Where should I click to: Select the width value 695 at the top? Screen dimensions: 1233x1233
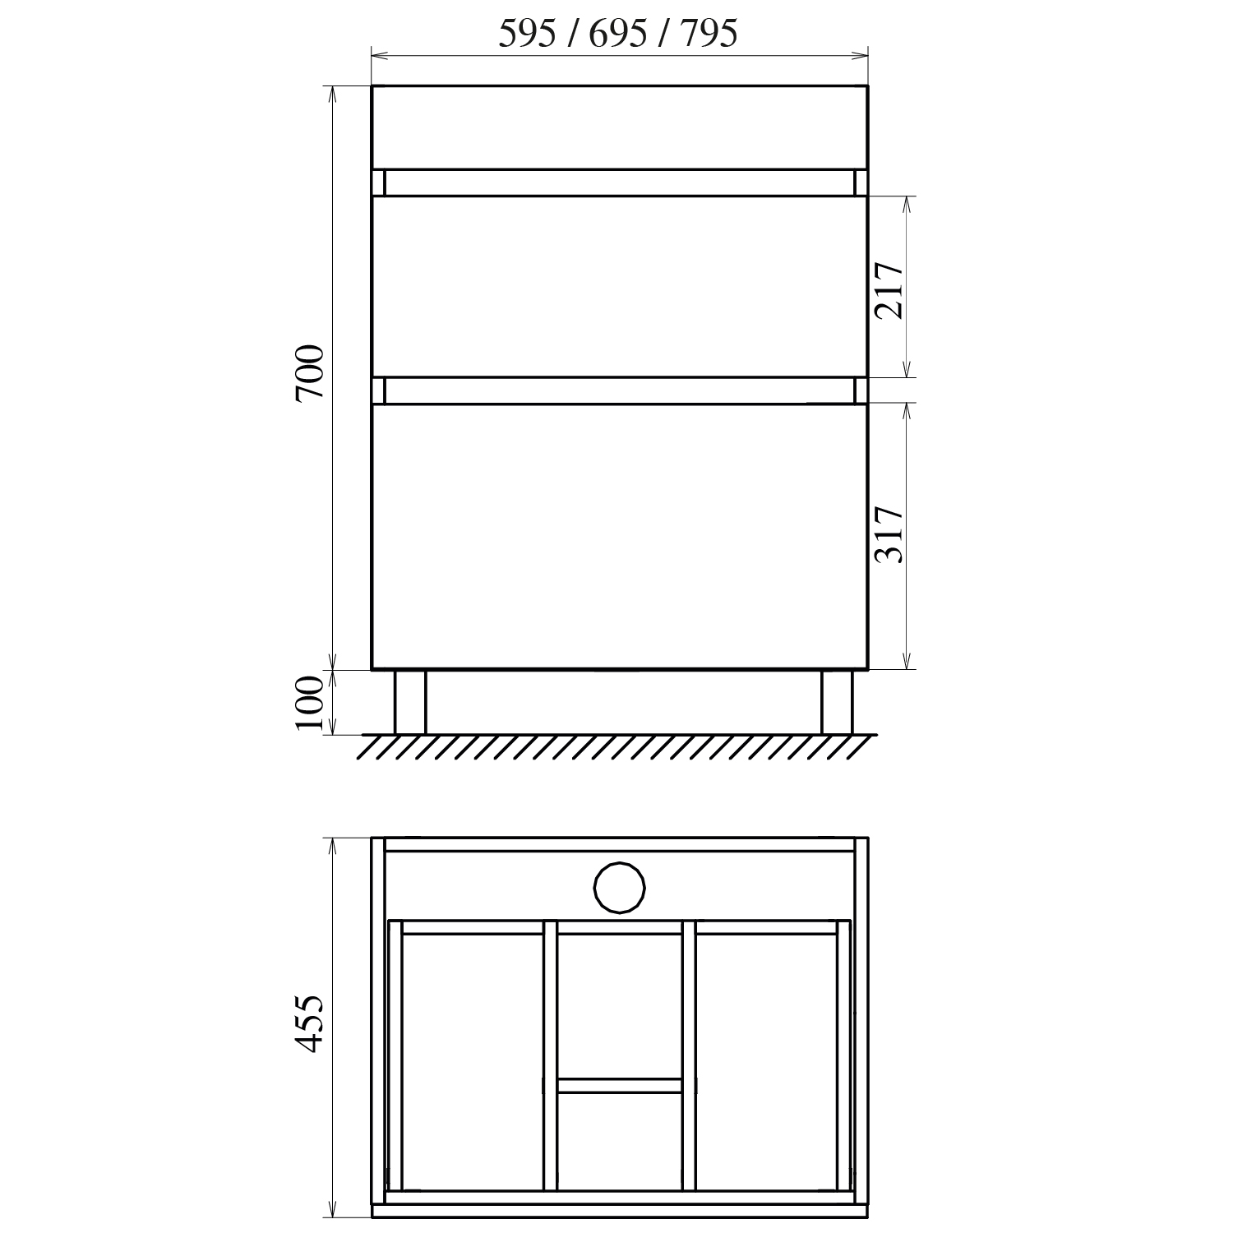coord(618,34)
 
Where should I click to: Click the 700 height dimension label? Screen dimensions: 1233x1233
coord(311,373)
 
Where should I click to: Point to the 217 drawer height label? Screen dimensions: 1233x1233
coord(889,290)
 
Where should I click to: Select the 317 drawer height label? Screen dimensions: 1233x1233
coord(889,534)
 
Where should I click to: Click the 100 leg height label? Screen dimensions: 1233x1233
coord(311,704)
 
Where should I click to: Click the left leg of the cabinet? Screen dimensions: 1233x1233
coord(410,701)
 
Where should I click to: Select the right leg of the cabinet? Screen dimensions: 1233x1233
coord(837,701)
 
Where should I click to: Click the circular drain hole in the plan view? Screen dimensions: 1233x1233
coord(619,888)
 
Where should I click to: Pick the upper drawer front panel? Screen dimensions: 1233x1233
coord(619,286)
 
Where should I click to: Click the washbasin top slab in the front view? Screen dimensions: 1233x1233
coord(619,127)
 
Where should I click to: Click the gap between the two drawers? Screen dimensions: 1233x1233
coord(619,390)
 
